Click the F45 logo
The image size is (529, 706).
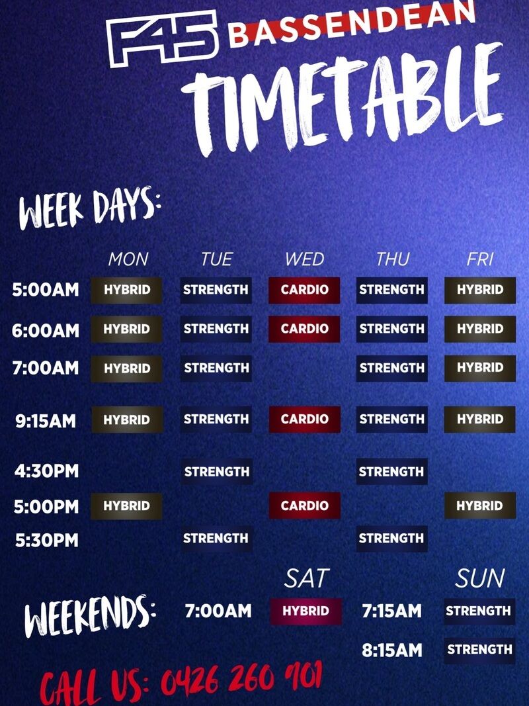click(x=163, y=38)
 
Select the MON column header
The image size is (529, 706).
click(x=128, y=259)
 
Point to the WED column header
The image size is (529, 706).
click(x=305, y=259)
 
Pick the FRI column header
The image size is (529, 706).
click(x=480, y=259)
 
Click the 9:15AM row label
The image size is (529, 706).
click(x=46, y=421)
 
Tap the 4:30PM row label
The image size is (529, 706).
click(x=46, y=471)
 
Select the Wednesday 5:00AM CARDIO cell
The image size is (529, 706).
click(x=305, y=290)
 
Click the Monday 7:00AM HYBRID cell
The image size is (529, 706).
click(x=127, y=369)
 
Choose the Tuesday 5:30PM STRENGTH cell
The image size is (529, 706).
click(x=216, y=539)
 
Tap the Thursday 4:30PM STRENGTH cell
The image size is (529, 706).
click(x=392, y=471)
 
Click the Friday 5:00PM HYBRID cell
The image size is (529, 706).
click(x=480, y=506)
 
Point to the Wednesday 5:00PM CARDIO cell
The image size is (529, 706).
click(x=305, y=506)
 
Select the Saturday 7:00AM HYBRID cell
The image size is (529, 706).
click(x=306, y=611)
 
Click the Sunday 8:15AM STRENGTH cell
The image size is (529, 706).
click(x=479, y=650)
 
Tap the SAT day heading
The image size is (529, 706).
click(x=307, y=578)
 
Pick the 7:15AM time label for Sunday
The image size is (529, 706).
click(x=392, y=611)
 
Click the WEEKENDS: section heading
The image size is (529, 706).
click(x=90, y=616)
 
